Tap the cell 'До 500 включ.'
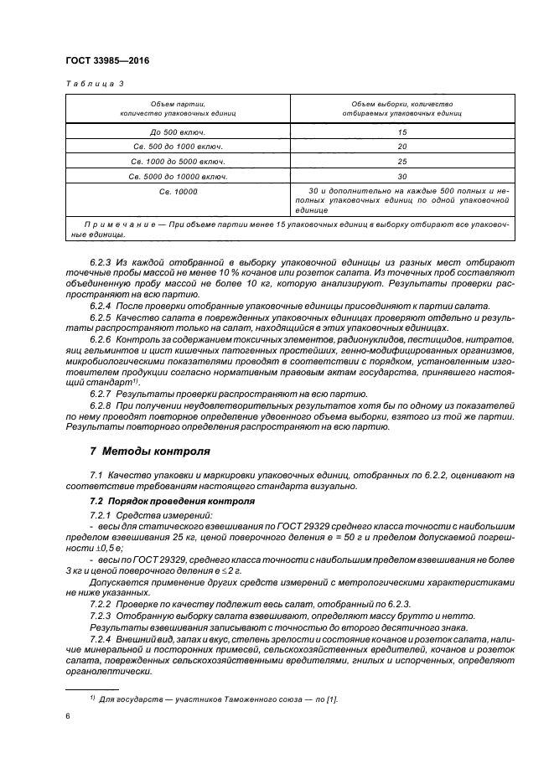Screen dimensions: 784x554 tap(179, 132)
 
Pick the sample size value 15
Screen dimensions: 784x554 tap(402, 132)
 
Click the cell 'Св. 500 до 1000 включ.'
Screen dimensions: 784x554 tap(179, 147)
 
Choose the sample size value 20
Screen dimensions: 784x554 tap(402, 147)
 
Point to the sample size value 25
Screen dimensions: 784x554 tap(402, 161)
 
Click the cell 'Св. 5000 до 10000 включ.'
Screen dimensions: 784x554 tap(179, 176)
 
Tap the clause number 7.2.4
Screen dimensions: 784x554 tap(101, 639)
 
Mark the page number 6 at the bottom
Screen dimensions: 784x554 tap(68, 717)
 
